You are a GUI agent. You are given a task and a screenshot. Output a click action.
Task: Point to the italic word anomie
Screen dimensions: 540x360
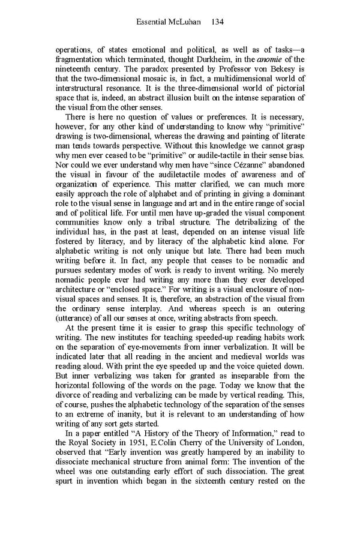272,59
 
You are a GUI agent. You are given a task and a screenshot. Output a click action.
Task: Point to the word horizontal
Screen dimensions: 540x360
74,389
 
